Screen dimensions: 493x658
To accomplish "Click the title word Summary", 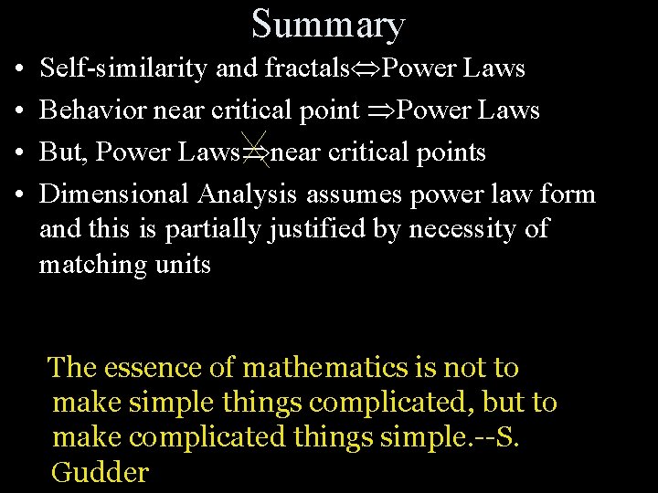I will [x=328, y=24].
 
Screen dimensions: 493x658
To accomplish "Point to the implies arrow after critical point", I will [x=380, y=111].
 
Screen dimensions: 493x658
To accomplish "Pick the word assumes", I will [x=356, y=194].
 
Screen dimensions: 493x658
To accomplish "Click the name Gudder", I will [x=100, y=473].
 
